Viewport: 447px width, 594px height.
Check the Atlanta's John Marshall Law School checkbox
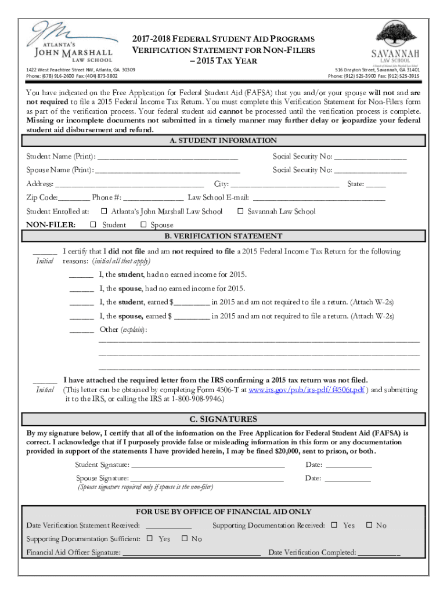[104, 212]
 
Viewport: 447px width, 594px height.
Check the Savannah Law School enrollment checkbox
[241, 212]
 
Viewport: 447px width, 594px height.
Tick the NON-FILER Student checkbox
[93, 225]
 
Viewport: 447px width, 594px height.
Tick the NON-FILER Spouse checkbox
[143, 225]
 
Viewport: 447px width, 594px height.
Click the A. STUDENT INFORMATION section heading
[223, 141]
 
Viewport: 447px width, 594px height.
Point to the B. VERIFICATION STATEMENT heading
[223, 237]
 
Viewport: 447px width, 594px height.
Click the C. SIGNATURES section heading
[223, 419]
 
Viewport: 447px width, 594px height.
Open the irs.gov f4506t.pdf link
[307, 390]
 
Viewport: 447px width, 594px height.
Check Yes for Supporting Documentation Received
[334, 526]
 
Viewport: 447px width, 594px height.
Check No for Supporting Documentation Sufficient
[185, 539]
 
